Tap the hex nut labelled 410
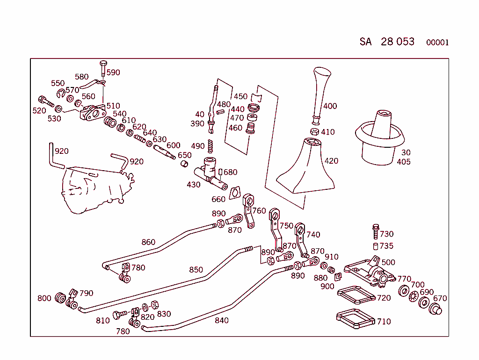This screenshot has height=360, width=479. coord(315,131)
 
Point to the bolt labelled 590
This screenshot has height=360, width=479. coord(103,69)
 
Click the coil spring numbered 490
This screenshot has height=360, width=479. coord(210,146)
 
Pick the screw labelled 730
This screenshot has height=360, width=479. coord(376,231)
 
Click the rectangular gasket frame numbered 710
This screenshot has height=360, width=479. coord(356,319)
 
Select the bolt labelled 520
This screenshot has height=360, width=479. coord(46,101)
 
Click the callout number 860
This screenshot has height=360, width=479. coord(148,242)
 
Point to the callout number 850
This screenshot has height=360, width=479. coord(196,270)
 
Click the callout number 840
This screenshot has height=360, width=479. coord(221,320)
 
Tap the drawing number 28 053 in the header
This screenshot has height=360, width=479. coord(398,42)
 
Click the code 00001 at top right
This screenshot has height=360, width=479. coord(437,43)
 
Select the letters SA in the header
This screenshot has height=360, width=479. coord(365,42)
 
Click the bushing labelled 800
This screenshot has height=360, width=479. coord(60,298)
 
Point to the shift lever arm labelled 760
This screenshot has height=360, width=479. coord(249,211)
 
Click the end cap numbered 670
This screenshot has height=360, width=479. coord(435,309)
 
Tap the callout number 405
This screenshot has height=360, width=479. coord(404,162)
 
